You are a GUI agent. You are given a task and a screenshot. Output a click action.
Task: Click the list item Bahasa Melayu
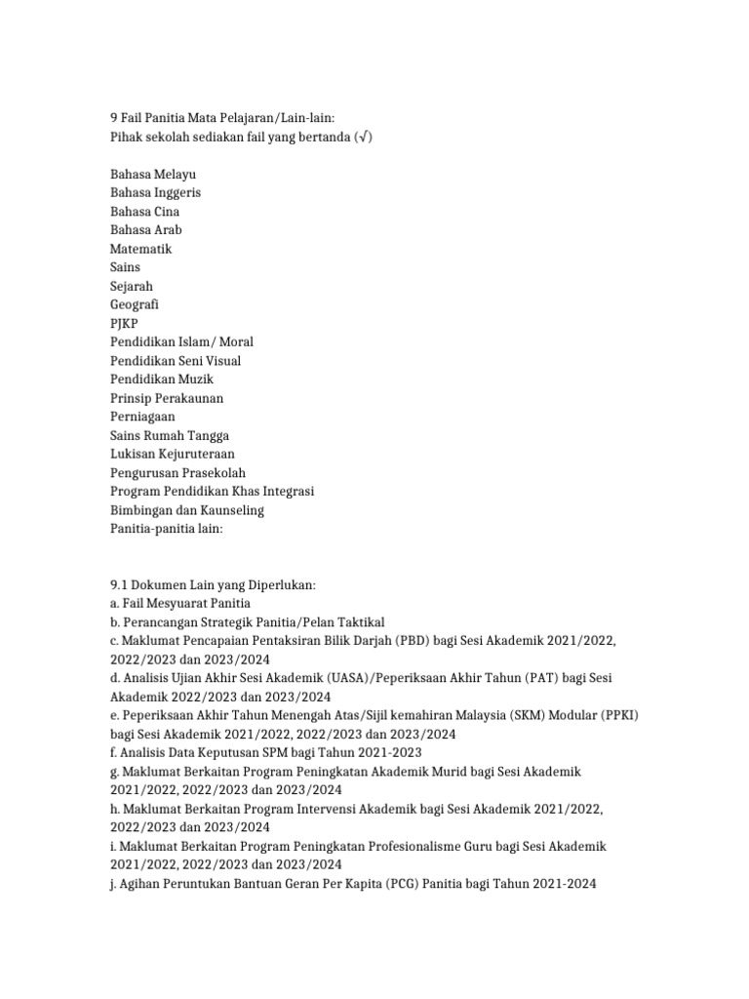pyautogui.click(x=153, y=174)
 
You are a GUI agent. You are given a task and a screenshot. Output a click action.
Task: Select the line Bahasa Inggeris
pyautogui.click(x=156, y=192)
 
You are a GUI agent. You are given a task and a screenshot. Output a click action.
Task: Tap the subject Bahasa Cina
pyautogui.click(x=145, y=212)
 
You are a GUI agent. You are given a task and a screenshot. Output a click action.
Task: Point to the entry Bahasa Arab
pyautogui.click(x=146, y=230)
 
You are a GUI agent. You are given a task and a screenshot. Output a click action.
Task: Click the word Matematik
pyautogui.click(x=141, y=249)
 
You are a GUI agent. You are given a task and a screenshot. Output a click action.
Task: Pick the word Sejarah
pyautogui.click(x=132, y=286)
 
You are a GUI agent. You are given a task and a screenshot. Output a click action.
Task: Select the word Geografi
pyautogui.click(x=135, y=304)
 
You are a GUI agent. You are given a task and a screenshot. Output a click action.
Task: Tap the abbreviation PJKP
pyautogui.click(x=125, y=323)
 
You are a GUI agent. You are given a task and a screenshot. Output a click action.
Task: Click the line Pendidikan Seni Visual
pyautogui.click(x=176, y=361)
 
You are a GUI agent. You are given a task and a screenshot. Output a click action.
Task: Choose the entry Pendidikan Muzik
pyautogui.click(x=162, y=379)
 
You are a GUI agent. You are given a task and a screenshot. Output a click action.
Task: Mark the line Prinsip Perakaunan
pyautogui.click(x=167, y=398)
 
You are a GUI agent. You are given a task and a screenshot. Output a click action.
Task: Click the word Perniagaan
pyautogui.click(x=143, y=417)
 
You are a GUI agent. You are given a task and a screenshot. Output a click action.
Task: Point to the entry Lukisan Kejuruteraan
pyautogui.click(x=173, y=454)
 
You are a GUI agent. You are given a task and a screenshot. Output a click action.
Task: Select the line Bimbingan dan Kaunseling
pyautogui.click(x=187, y=510)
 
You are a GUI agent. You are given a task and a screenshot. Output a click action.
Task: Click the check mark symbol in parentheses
pyautogui.click(x=361, y=137)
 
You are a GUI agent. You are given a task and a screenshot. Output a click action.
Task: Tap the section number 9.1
pyautogui.click(x=120, y=584)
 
